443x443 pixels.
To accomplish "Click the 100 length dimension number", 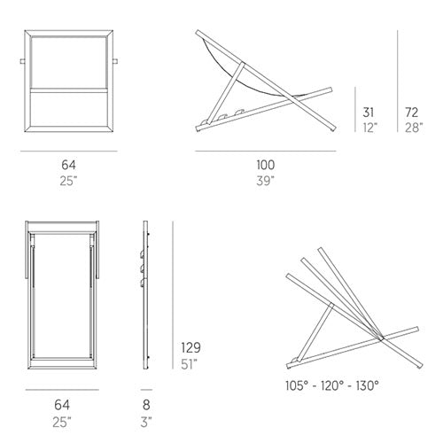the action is point(266,165).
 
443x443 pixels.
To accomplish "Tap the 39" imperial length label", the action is point(265,181).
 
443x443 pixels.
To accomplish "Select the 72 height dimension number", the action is point(412,113).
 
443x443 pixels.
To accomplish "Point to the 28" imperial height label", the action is point(414,128).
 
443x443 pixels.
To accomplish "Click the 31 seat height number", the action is point(369,113).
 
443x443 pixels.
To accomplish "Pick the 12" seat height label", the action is point(370,128).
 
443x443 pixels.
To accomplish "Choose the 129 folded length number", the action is point(190,347).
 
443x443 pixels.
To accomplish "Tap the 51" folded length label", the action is point(189,364).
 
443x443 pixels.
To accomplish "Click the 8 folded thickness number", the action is point(146,405).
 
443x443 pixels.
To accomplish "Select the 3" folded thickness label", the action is point(146,422).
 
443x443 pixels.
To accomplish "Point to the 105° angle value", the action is point(297,385).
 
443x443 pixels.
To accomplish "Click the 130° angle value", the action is point(367,385).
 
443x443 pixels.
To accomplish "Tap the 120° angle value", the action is point(332,385).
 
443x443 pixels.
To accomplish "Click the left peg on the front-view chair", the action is point(22,61).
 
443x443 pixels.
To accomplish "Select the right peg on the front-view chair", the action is point(115,61).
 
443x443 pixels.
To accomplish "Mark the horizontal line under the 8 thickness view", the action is point(146,390).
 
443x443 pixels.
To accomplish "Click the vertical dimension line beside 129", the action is point(173,295).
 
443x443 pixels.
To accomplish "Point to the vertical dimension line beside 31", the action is point(355,109).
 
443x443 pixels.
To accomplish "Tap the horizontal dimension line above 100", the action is point(266,151).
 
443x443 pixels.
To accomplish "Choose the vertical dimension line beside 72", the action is point(398,81).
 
